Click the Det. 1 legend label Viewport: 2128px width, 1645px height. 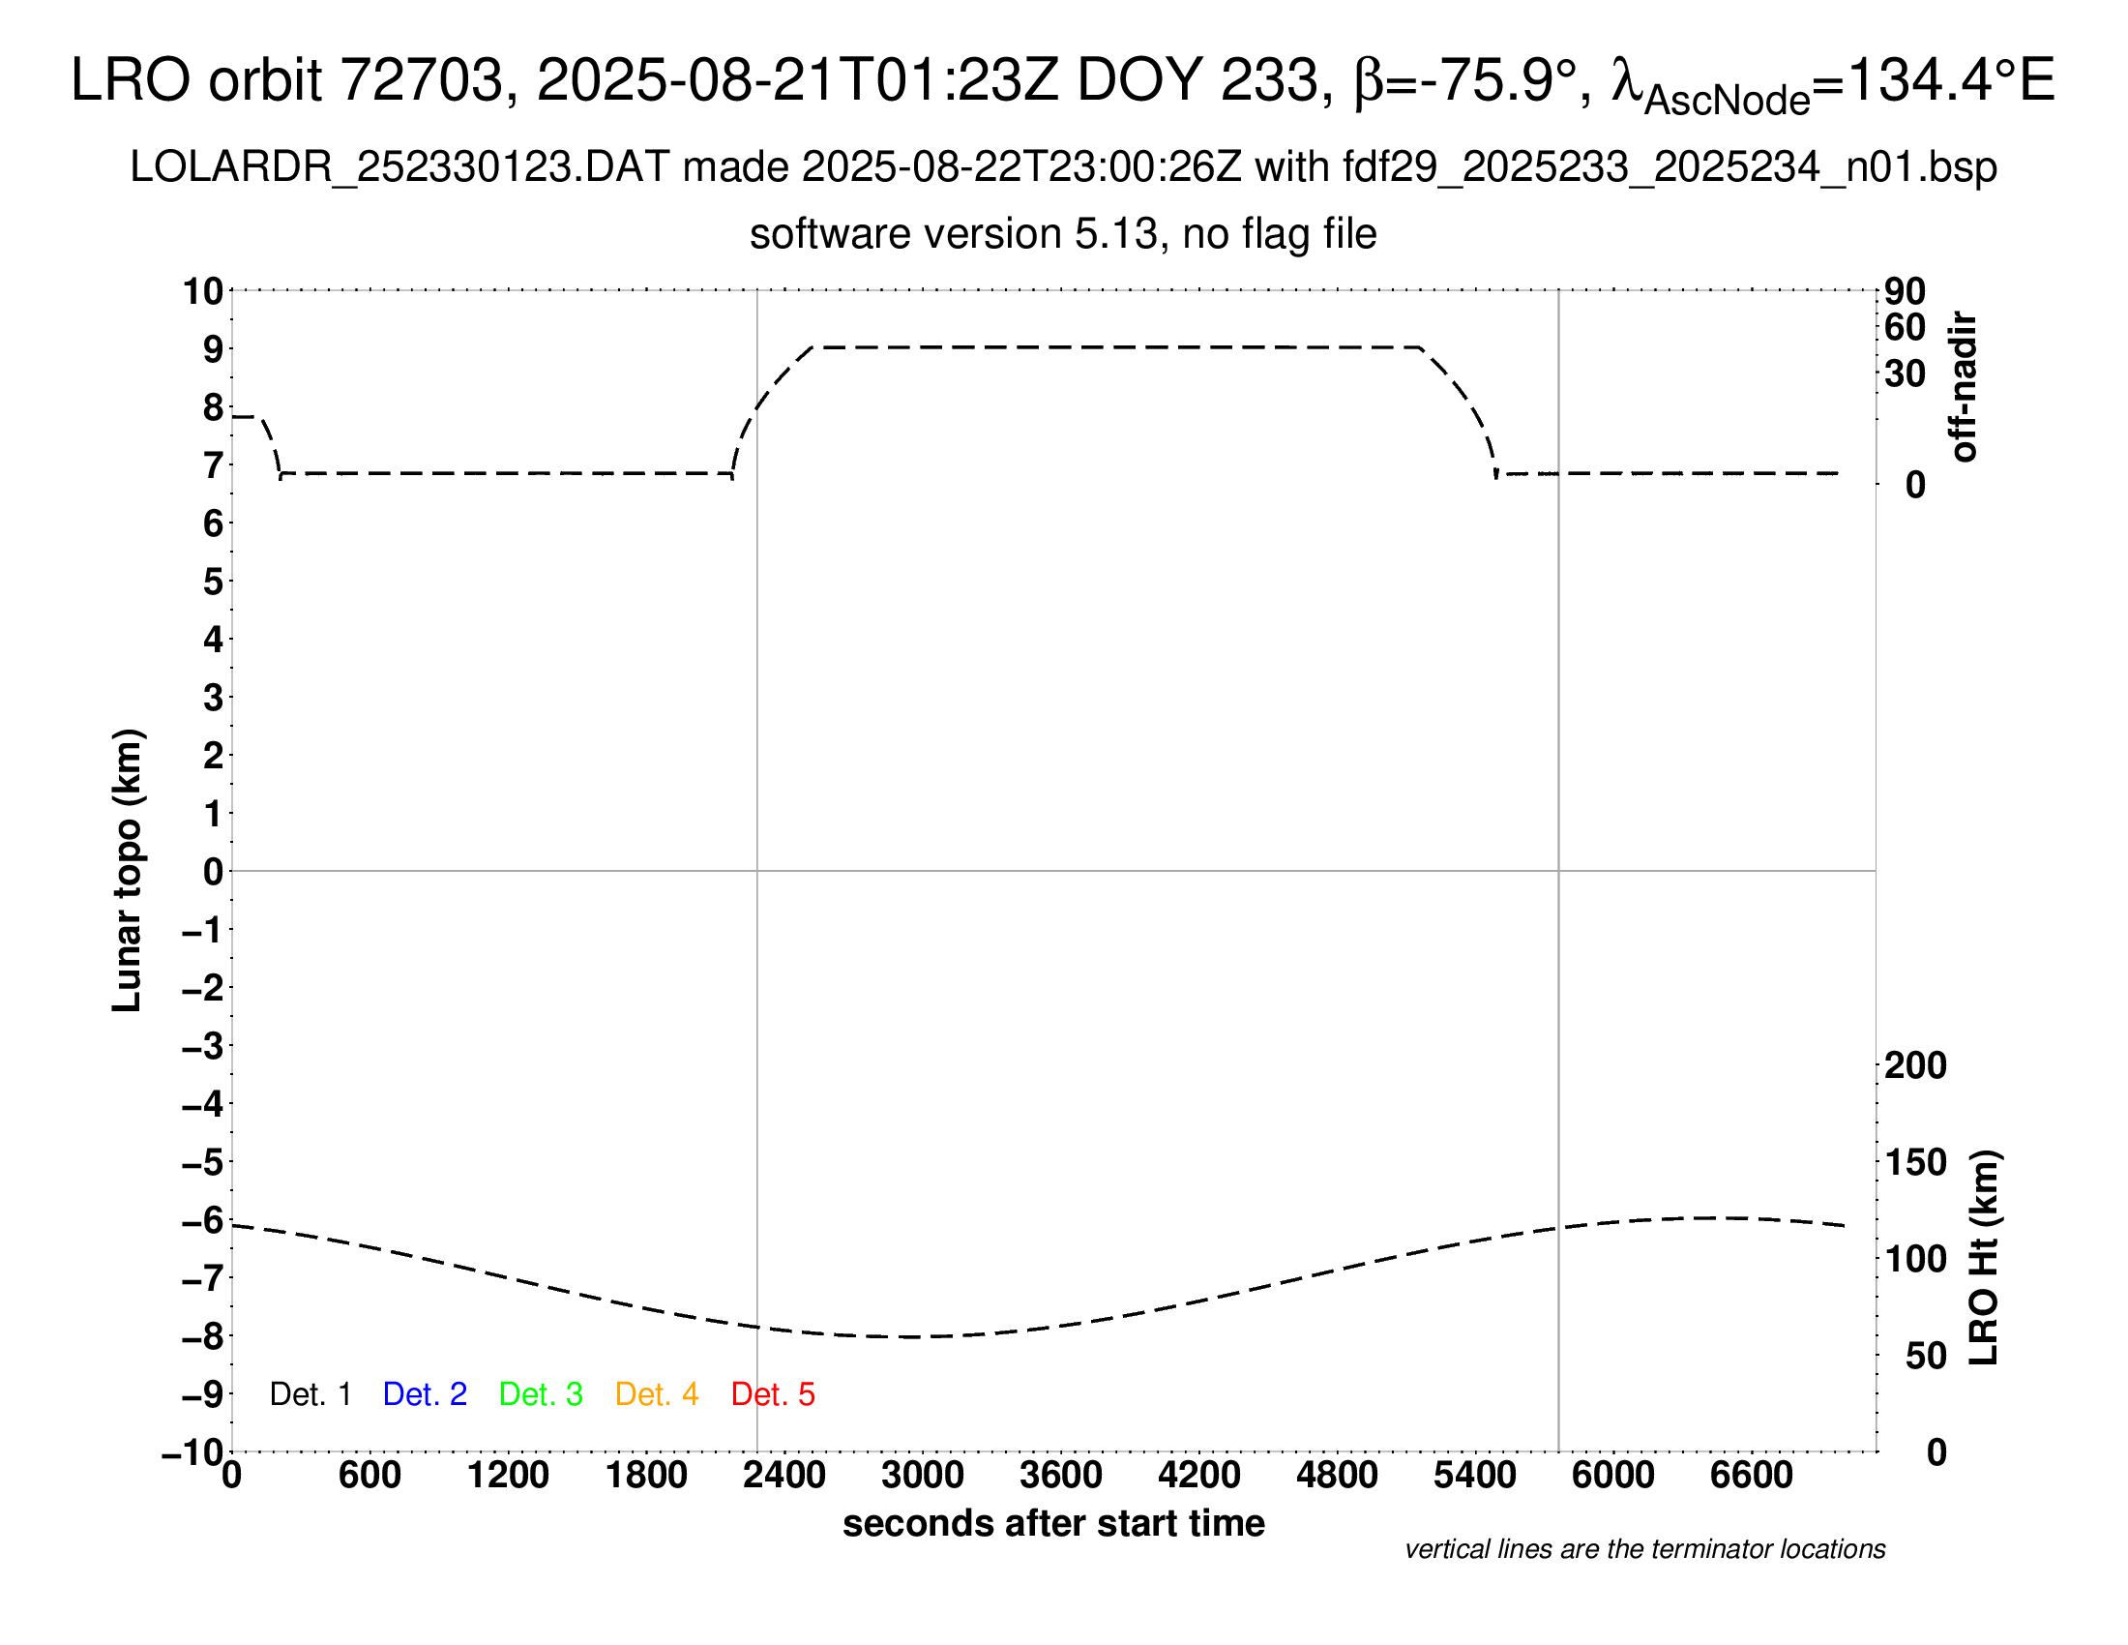click(x=310, y=1394)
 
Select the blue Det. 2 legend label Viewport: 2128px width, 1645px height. click(x=425, y=1394)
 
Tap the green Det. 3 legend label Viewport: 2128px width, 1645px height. click(x=541, y=1394)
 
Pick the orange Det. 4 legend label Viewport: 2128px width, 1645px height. click(x=657, y=1394)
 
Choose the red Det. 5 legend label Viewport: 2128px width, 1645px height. click(x=773, y=1394)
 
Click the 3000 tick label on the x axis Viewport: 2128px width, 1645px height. click(x=922, y=1476)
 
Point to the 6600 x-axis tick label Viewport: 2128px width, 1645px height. click(x=1751, y=1476)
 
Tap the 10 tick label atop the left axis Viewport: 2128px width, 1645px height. click(x=204, y=290)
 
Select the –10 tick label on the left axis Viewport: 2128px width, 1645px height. click(x=192, y=1452)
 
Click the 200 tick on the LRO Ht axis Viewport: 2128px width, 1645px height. click(x=1915, y=1065)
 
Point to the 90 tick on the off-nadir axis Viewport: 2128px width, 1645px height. click(x=1905, y=290)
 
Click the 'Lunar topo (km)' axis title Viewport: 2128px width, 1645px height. click(x=128, y=870)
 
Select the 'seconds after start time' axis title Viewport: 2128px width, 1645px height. click(x=1053, y=1523)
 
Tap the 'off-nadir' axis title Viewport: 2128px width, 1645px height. click(x=1964, y=387)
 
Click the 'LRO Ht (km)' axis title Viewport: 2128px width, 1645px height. click(x=1984, y=1258)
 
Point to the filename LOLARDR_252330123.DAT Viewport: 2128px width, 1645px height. click(x=399, y=167)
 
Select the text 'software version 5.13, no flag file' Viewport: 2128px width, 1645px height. click(x=1063, y=234)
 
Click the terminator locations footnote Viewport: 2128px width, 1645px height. click(x=1644, y=1549)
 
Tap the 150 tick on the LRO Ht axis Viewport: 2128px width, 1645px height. click(x=1915, y=1161)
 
